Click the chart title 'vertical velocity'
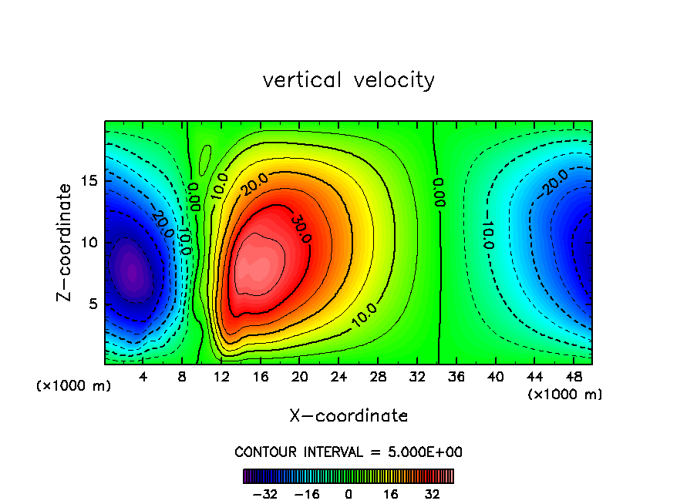348,80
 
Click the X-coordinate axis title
348,416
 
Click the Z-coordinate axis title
69,242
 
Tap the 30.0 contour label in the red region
301,229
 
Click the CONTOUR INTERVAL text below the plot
348,452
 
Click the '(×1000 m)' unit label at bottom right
564,395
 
